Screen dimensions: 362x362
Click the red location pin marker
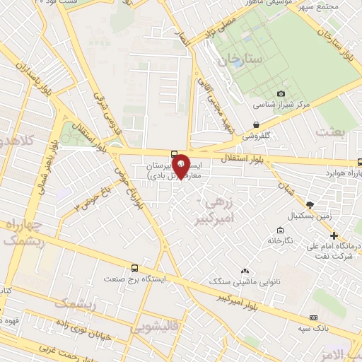click(181, 166)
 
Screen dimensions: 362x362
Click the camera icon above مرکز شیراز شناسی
click(281, 93)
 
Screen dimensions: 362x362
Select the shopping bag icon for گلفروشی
click(256, 124)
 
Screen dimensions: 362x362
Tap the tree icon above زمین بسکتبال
click(310, 204)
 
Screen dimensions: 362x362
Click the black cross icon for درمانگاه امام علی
click(334, 235)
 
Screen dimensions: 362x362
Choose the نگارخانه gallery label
click(280, 240)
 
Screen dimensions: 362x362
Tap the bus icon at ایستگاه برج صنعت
click(134, 268)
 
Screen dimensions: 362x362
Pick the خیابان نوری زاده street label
click(78, 333)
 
